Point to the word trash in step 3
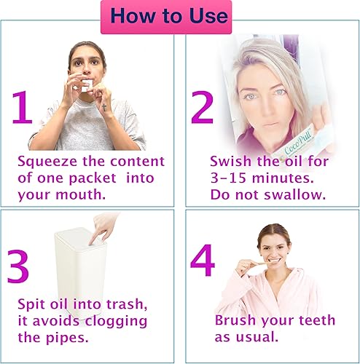pos(124,304)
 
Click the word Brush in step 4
pos(235,320)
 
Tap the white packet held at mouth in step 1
pos(87,84)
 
